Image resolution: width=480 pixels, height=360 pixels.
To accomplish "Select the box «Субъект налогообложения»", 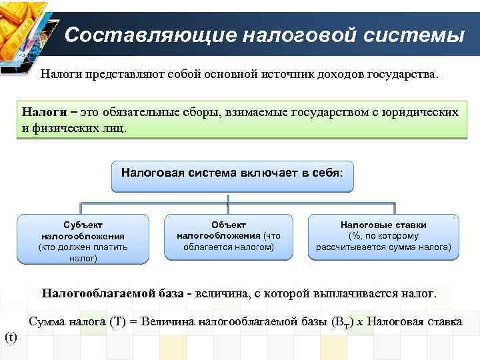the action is tap(83, 239).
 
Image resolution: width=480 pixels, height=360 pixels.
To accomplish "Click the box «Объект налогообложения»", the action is tap(229, 236).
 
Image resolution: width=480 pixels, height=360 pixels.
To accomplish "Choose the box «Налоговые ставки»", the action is tap(383, 236).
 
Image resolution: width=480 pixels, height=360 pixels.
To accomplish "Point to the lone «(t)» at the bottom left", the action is tap(11, 337).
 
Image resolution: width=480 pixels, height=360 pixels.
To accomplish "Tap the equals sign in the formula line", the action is tap(133, 322).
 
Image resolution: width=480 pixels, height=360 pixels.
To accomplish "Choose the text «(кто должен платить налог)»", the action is tap(83, 253).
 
